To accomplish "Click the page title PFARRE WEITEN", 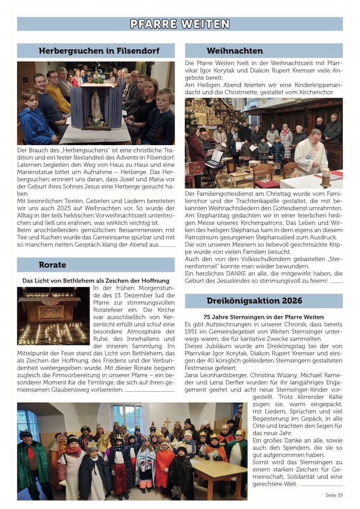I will point(180,24).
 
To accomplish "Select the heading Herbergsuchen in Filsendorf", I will point(99,51).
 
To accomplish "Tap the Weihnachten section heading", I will point(235,51).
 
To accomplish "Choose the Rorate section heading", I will point(52,265).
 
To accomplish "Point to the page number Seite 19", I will point(334,494).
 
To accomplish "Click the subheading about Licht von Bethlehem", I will point(96,280).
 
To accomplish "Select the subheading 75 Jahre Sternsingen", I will point(263,317).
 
